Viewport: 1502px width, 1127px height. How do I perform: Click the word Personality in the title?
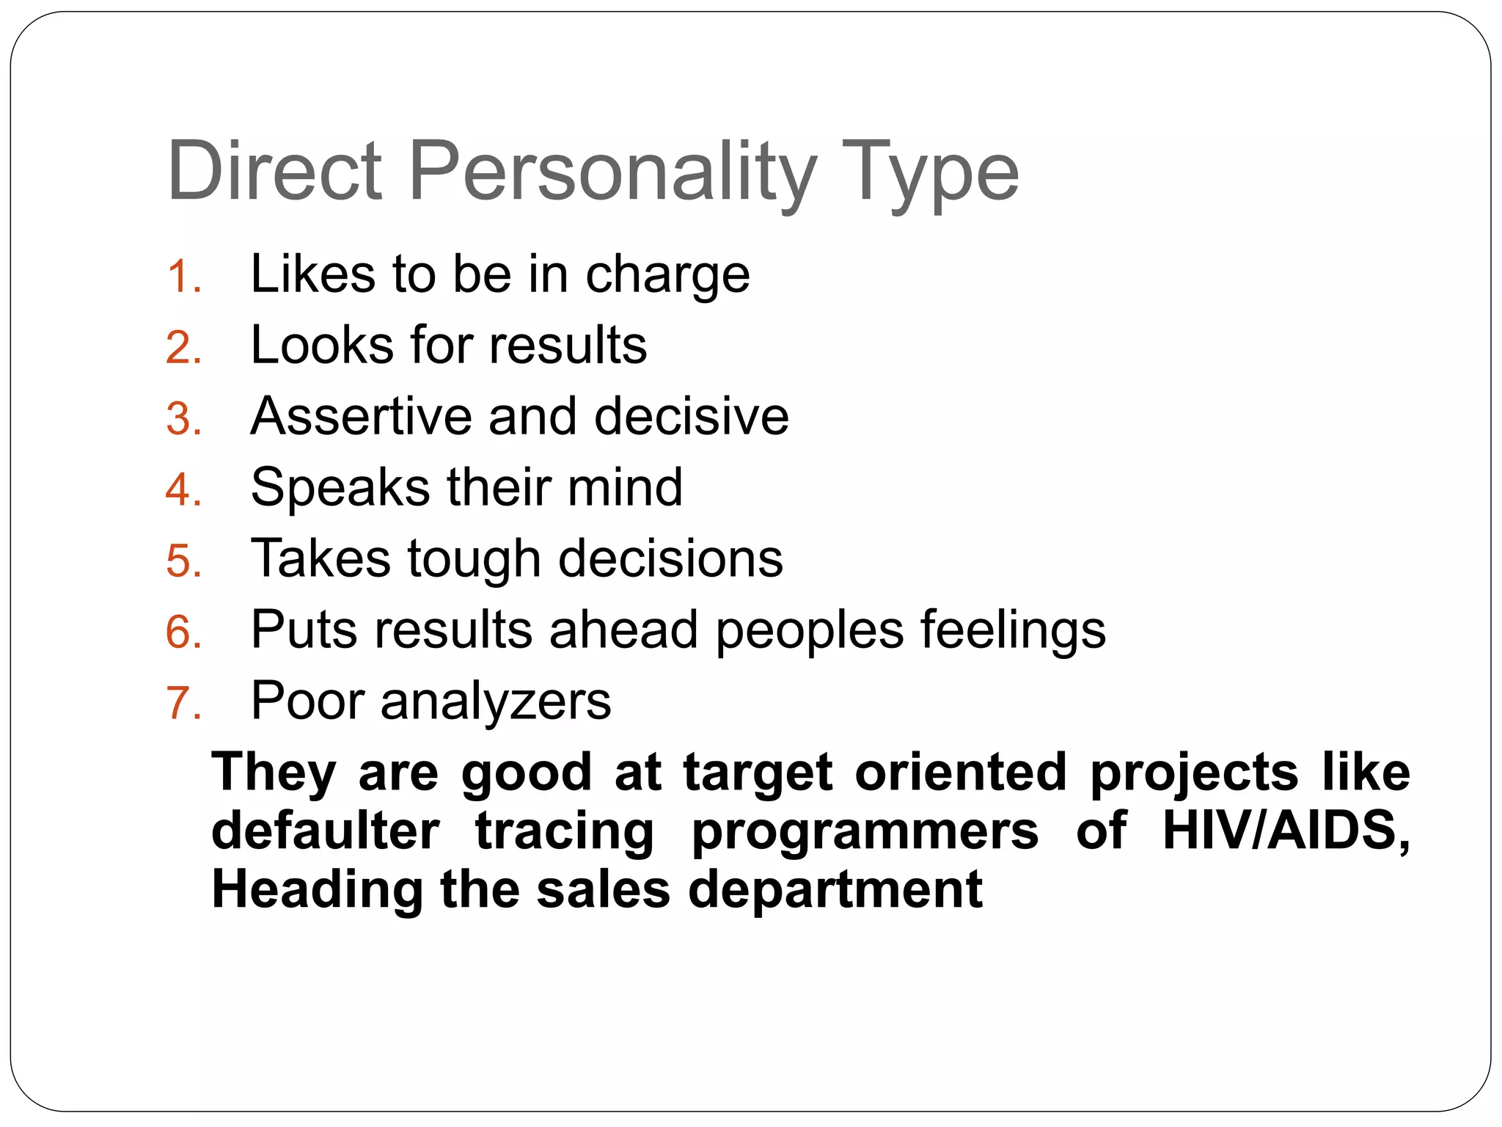612,172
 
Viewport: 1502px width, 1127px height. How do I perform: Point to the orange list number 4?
183,490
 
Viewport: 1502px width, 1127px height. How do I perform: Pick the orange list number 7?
183,703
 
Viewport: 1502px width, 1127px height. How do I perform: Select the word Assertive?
361,416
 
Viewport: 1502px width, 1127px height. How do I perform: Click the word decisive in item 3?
691,416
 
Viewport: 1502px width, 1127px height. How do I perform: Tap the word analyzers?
496,702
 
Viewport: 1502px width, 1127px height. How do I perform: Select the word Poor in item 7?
307,701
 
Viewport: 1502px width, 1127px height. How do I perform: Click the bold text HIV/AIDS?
1286,831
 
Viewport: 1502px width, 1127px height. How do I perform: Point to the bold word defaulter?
326,831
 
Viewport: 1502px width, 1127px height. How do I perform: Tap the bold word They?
274,773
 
